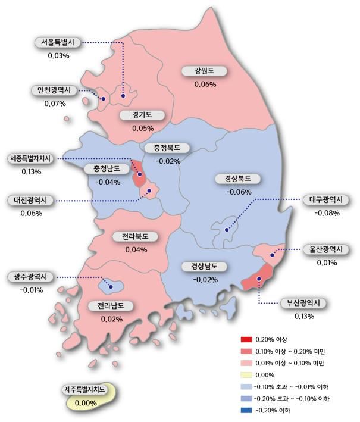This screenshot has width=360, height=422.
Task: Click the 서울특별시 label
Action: pyautogui.click(x=58, y=43)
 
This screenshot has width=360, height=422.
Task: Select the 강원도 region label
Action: pyautogui.click(x=204, y=71)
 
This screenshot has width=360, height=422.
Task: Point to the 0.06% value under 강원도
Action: pyautogui.click(x=205, y=85)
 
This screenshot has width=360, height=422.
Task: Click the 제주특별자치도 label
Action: pyautogui.click(x=85, y=390)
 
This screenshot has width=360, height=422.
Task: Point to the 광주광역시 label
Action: pyautogui.click(x=31, y=277)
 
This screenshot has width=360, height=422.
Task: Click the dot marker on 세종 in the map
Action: pyautogui.click(x=140, y=174)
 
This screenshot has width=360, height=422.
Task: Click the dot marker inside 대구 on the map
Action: pyautogui.click(x=227, y=230)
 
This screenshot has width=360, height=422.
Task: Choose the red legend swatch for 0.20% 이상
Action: pyautogui.click(x=243, y=339)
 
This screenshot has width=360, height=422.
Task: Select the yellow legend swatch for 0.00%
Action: pyautogui.click(x=243, y=374)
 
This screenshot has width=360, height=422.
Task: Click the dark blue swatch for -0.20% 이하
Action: pyautogui.click(x=243, y=410)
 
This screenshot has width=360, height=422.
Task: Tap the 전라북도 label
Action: pyautogui.click(x=136, y=236)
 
